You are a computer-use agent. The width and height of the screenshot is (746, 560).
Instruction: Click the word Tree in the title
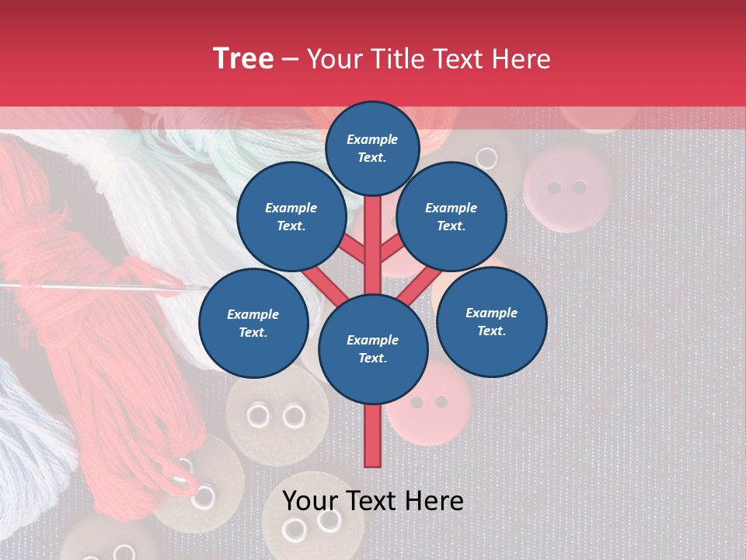pos(243,58)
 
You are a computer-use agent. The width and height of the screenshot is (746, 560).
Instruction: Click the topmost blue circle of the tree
pos(372,148)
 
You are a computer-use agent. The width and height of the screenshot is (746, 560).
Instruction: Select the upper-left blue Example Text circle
pos(291,216)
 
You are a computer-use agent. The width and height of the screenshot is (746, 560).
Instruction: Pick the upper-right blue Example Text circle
pos(451,216)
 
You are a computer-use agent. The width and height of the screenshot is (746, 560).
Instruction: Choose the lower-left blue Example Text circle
pos(253,323)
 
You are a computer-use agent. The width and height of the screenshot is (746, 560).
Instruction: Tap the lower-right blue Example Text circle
pos(491,321)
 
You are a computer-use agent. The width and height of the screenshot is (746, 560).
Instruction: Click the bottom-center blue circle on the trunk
pos(373,348)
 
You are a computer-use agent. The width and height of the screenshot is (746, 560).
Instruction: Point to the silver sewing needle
pos(93,287)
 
